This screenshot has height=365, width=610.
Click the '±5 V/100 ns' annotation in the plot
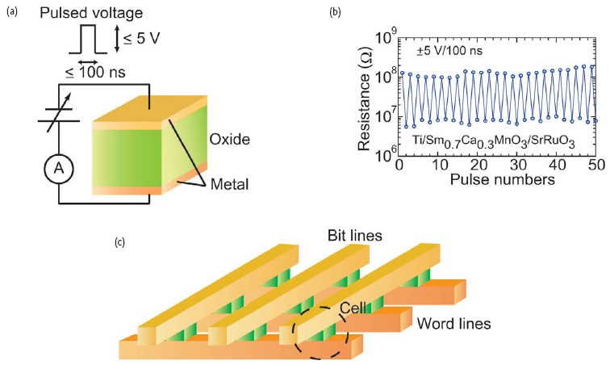[452, 50]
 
